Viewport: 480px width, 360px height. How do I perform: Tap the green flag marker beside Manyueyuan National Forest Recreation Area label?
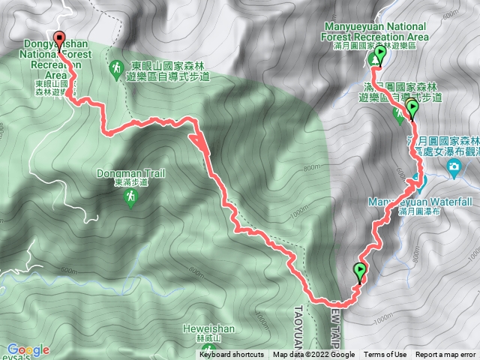click(x=379, y=54)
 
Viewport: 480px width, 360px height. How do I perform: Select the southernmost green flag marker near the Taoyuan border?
click(x=360, y=271)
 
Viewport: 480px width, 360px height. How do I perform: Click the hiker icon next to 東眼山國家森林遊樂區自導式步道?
click(x=117, y=70)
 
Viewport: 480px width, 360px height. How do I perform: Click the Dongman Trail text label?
click(x=130, y=173)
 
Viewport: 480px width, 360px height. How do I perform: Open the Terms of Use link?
click(x=385, y=355)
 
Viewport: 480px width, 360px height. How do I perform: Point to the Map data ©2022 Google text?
click(x=313, y=355)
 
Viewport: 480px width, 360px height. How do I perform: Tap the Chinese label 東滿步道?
click(x=130, y=183)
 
